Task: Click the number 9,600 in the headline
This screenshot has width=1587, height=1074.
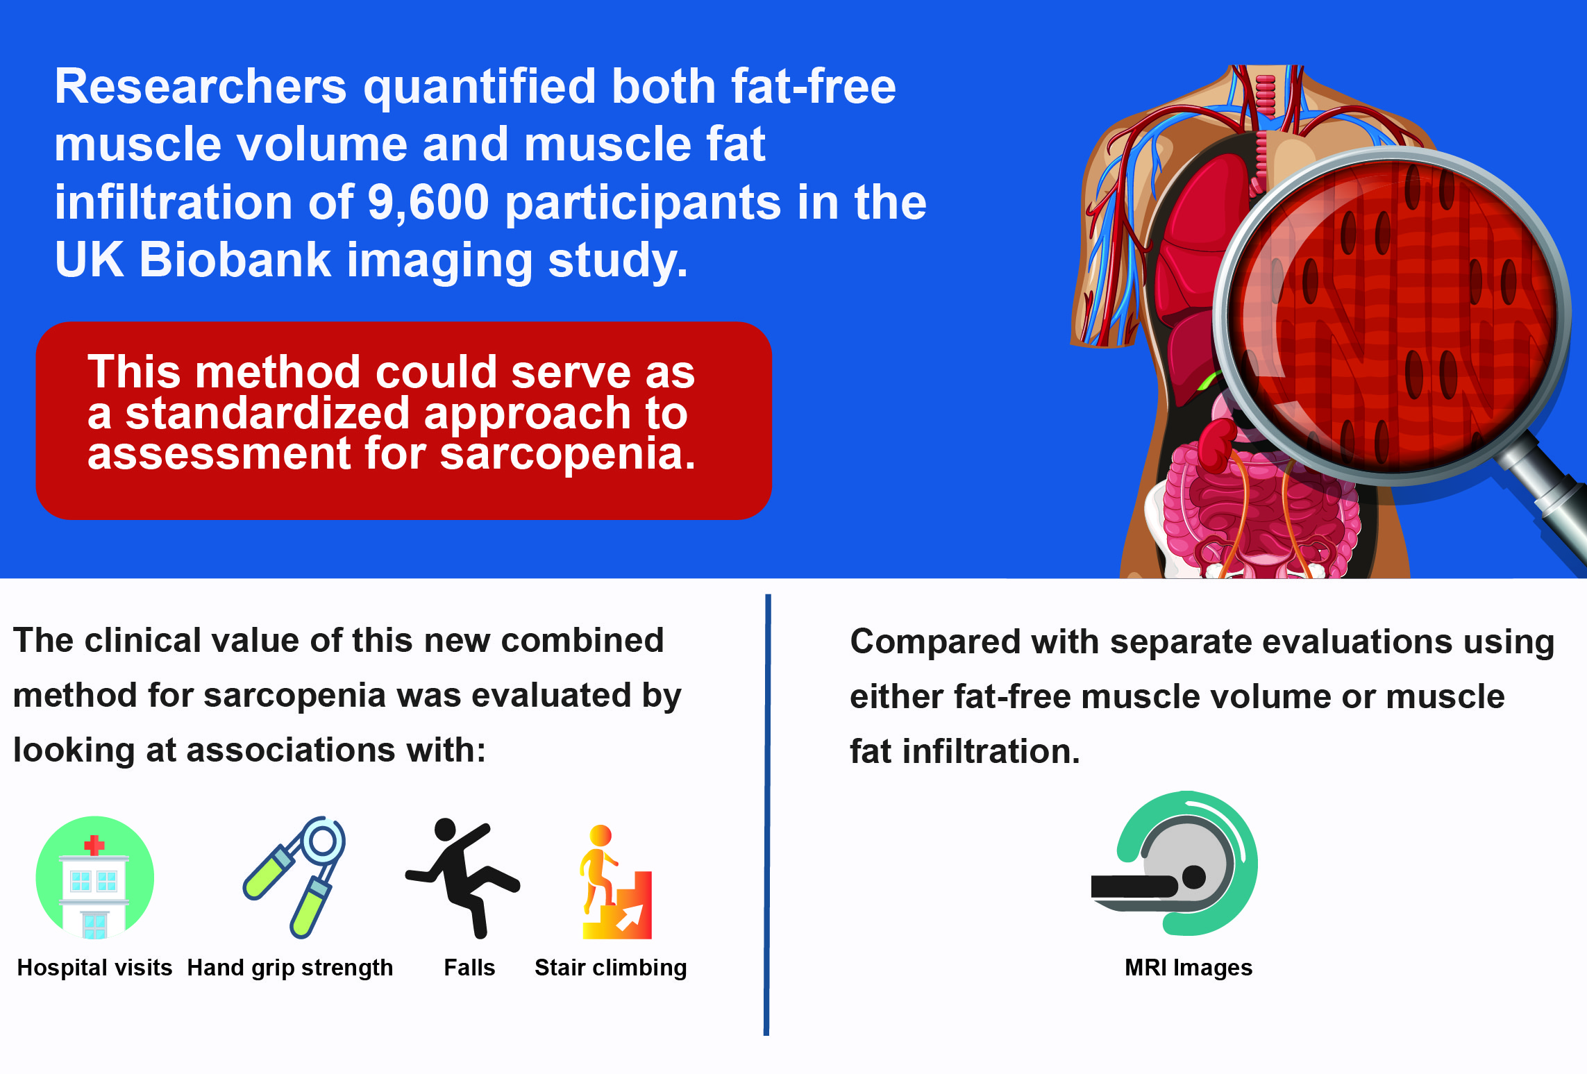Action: point(428,203)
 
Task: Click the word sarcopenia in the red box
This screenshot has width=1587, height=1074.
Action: point(568,455)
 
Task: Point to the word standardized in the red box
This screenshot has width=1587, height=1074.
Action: point(268,413)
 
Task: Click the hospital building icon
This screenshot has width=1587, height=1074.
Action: point(95,878)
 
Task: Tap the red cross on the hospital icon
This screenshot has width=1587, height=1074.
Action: point(94,845)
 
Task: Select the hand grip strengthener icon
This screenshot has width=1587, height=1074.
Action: point(294,877)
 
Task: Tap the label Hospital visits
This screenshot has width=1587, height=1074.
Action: point(94,967)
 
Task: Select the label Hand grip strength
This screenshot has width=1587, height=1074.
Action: point(290,968)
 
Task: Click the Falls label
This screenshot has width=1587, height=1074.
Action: point(469,967)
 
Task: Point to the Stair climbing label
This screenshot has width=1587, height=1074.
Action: point(611,968)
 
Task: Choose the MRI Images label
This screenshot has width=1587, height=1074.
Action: point(1189,968)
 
